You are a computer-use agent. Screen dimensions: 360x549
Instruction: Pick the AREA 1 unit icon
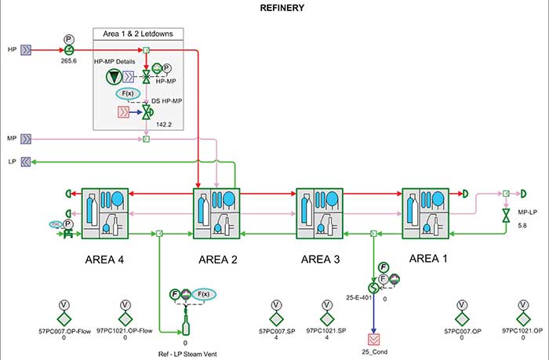tap(424, 213)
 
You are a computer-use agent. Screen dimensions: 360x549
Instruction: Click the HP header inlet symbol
tap(27, 49)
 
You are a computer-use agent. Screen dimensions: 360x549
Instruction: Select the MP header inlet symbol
tap(27, 139)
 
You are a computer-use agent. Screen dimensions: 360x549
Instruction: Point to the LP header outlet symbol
tap(27, 162)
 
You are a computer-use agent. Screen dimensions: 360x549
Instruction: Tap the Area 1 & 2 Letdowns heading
tap(138, 33)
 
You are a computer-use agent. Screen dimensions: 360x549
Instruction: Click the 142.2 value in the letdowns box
tap(163, 124)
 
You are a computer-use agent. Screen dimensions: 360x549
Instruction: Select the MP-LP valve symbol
tap(506, 213)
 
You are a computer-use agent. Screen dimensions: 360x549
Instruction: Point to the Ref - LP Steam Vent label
tap(186, 354)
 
